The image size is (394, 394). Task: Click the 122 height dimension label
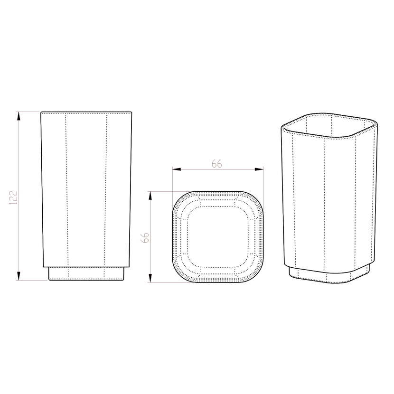[13, 197]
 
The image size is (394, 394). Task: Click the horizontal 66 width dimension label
[217, 164]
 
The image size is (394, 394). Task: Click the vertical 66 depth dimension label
[145, 238]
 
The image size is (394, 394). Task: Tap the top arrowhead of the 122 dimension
[19, 116]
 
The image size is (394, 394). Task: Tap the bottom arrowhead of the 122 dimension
[19, 276]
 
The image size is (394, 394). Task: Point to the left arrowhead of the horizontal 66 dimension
[177, 169]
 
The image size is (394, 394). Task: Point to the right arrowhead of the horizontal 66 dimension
[259, 169]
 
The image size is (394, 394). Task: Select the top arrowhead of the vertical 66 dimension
[150, 196]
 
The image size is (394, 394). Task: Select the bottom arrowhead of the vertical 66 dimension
[150, 278]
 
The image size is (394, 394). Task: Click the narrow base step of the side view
[86, 273]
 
